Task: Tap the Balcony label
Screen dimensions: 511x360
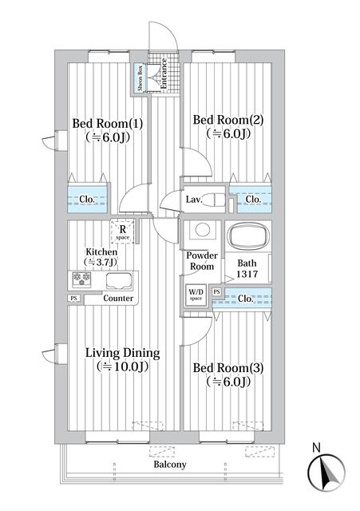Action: [169, 464]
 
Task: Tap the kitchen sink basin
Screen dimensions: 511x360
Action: [118, 280]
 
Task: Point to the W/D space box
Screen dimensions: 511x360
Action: [196, 295]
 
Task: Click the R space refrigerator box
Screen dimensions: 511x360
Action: [121, 232]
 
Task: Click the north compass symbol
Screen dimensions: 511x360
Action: [326, 472]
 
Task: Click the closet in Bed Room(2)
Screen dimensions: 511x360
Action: [251, 199]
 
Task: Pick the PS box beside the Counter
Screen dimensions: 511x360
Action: [74, 299]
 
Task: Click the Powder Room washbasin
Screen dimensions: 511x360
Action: [201, 230]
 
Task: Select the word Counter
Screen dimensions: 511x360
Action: [118, 299]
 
